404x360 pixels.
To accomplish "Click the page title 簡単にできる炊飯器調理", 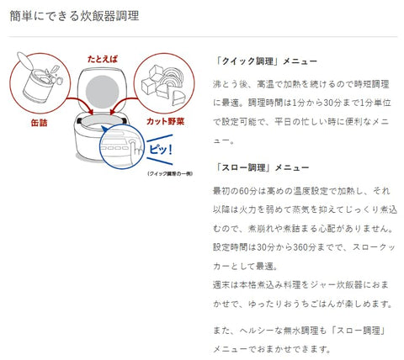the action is click(74, 16).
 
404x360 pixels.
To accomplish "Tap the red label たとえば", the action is click(103, 59).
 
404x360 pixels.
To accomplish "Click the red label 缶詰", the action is click(39, 123).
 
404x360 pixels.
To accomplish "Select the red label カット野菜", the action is click(166, 121).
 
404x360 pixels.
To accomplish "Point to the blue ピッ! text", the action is click(160, 149).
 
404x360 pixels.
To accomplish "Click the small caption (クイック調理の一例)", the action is click(170, 173).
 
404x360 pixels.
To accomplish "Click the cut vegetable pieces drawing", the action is click(163, 85).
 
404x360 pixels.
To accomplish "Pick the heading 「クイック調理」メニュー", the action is click(265, 61).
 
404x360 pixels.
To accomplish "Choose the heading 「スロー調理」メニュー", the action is click(261, 167).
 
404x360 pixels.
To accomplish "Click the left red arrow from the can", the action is click(80, 106).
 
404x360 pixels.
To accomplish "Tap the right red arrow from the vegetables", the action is click(124, 106).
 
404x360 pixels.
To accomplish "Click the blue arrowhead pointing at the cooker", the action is click(104, 130).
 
